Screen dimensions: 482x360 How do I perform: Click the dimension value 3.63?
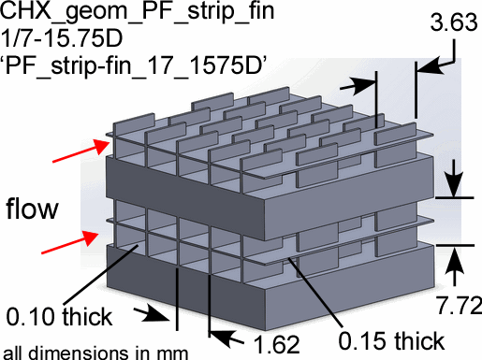pyautogui.click(x=454, y=22)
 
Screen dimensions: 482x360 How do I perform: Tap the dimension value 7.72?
pyautogui.click(x=459, y=305)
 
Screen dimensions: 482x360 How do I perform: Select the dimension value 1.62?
pyautogui.click(x=277, y=344)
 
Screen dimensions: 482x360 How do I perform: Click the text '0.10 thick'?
pyautogui.click(x=59, y=317)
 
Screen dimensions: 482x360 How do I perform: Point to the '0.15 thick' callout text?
pyautogui.click(x=391, y=340)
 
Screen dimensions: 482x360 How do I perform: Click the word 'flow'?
pyautogui.click(x=32, y=208)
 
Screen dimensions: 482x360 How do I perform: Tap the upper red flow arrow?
pyautogui.click(x=81, y=151)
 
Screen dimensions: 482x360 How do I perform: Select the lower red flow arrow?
pyautogui.click(x=70, y=242)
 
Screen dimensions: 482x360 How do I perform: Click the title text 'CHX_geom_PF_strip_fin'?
pyautogui.click(x=138, y=11)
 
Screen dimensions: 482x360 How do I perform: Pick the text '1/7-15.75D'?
pyautogui.click(x=62, y=38)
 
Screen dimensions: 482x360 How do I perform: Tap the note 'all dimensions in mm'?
pyautogui.click(x=95, y=353)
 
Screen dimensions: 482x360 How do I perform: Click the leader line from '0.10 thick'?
pyautogui.click(x=100, y=275)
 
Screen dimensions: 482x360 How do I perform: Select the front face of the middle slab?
pyautogui.click(x=186, y=199)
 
